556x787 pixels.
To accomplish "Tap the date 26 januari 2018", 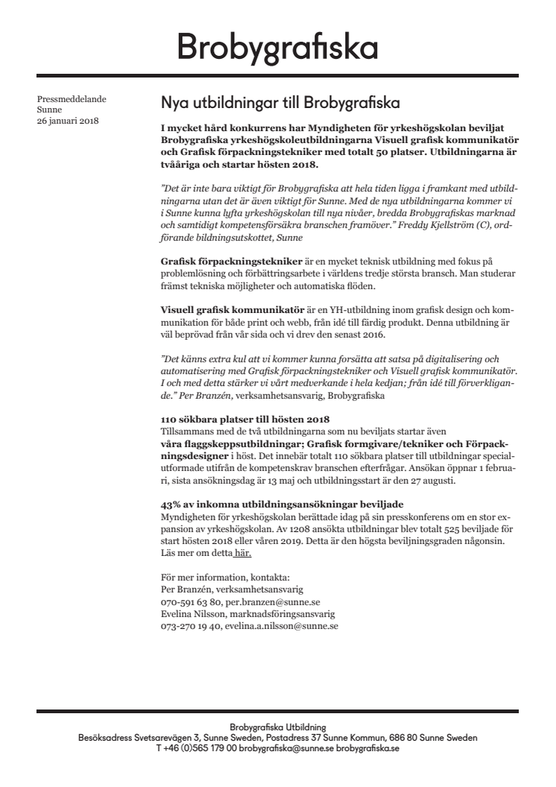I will [x=68, y=121].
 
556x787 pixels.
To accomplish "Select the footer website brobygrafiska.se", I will [x=367, y=748].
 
